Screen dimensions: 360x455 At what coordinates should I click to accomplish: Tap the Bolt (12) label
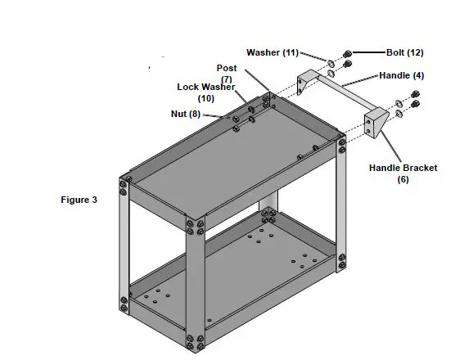pyautogui.click(x=404, y=52)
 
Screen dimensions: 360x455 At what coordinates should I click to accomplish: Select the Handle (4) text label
pyautogui.click(x=402, y=75)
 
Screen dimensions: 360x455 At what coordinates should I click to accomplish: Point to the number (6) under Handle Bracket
pyautogui.click(x=402, y=178)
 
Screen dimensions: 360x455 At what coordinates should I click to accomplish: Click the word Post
pyautogui.click(x=226, y=68)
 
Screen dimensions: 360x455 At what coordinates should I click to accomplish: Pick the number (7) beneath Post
pyautogui.click(x=226, y=79)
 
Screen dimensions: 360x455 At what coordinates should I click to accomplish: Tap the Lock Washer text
pyautogui.click(x=206, y=87)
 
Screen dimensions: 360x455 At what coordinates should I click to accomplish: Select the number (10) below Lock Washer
pyautogui.click(x=207, y=98)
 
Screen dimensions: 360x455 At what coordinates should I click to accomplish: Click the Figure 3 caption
pyautogui.click(x=79, y=199)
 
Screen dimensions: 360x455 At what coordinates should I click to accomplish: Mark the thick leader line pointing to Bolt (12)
pyautogui.click(x=368, y=52)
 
